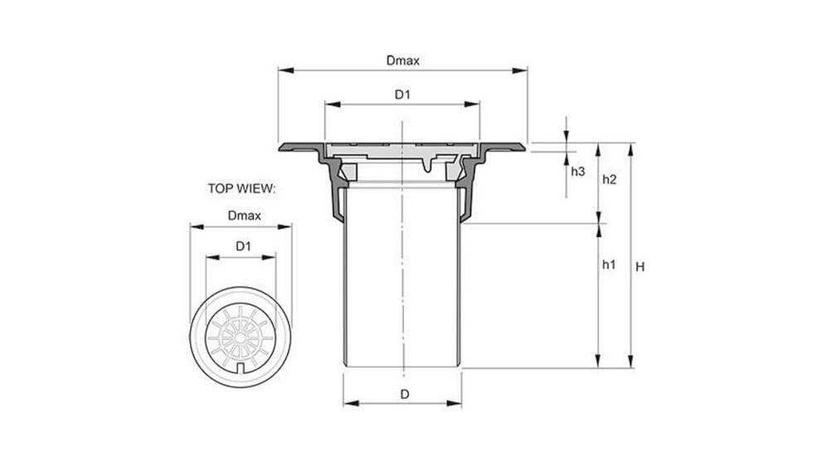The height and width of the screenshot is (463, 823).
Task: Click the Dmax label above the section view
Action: (402, 61)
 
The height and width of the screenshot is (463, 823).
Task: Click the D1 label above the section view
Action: (402, 95)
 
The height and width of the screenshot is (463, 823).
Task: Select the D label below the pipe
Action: (404, 394)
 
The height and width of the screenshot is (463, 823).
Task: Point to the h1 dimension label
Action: (608, 265)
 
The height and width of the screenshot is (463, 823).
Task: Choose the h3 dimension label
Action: (578, 171)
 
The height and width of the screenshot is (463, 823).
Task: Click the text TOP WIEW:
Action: (241, 188)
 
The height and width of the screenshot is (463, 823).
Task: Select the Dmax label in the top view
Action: (244, 216)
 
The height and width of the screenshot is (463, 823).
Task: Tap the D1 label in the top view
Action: (242, 246)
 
